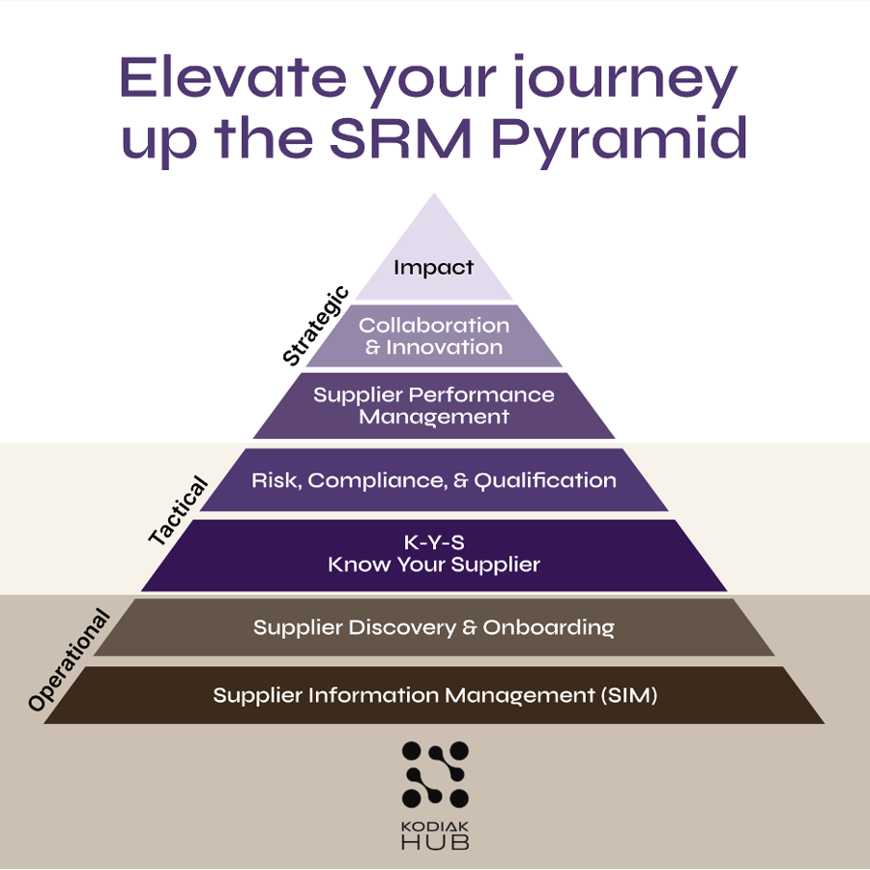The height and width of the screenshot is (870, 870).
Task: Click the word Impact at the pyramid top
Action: (434, 268)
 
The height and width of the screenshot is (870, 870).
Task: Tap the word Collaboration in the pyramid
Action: (434, 326)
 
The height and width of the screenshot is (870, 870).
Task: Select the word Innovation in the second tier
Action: (445, 347)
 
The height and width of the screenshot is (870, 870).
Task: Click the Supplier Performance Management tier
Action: (434, 406)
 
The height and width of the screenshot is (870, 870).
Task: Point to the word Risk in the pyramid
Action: (273, 479)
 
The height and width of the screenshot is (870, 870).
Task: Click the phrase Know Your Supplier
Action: (434, 565)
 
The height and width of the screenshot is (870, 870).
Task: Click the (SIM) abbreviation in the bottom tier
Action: (629, 695)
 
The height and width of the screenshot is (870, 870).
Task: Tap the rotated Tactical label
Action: (179, 509)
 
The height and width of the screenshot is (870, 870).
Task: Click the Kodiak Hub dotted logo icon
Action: (435, 773)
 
